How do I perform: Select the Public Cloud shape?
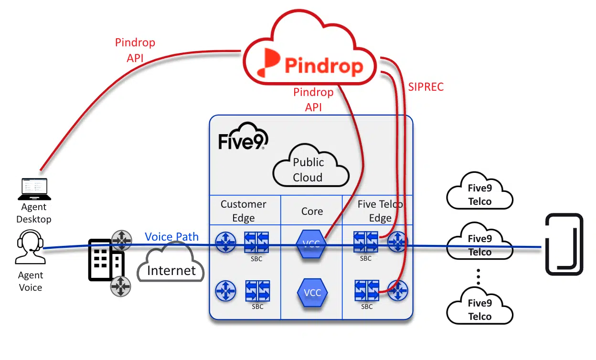(310, 169)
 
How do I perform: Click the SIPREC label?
(426, 87)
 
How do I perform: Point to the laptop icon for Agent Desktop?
(34, 189)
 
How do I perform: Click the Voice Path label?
(171, 237)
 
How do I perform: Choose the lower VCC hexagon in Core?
(312, 292)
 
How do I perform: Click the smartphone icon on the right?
(564, 244)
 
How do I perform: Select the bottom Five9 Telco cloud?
(479, 309)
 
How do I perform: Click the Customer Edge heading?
(244, 211)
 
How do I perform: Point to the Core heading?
(312, 212)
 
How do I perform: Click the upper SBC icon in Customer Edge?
(257, 243)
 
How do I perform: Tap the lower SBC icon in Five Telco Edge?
(366, 290)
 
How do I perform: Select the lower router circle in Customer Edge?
(225, 290)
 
